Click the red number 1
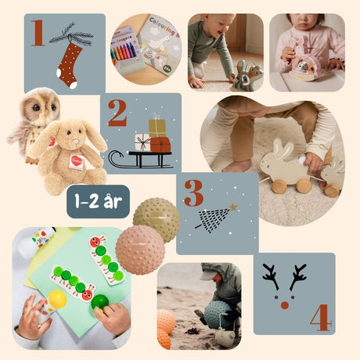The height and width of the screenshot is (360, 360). [x=37, y=33]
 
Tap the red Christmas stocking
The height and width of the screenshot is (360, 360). [x=69, y=63]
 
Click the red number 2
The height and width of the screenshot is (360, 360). [x=117, y=113]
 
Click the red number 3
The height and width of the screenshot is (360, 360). [x=193, y=193]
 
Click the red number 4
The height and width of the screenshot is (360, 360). [x=319, y=317]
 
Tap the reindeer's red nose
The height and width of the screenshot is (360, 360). [x=285, y=304]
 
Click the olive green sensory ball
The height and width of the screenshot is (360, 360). [x=156, y=220]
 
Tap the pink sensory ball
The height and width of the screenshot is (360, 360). [x=139, y=250]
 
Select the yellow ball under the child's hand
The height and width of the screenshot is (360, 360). [x=56, y=299]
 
